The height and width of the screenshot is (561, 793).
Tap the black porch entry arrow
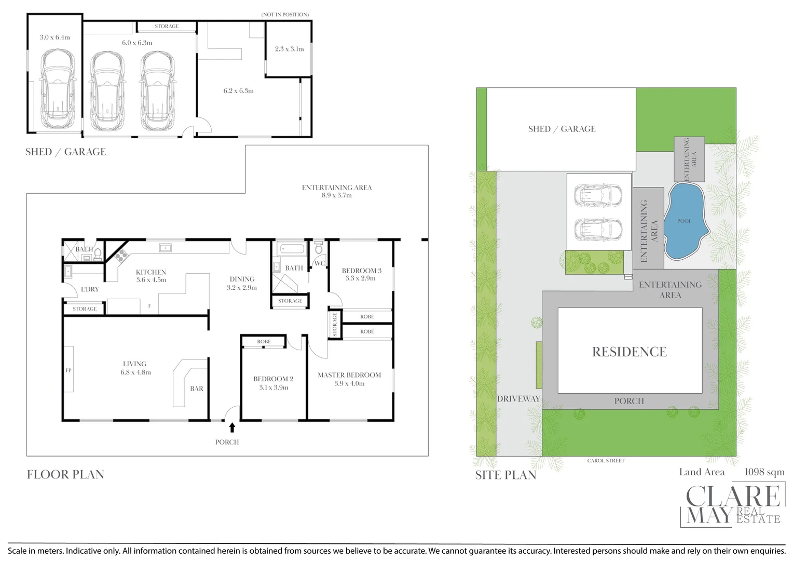232,428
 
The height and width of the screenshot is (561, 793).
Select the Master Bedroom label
349,375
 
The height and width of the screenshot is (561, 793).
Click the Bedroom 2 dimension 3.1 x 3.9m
274,388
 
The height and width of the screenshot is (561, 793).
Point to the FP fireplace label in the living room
69,370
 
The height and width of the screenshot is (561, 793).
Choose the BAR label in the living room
197,389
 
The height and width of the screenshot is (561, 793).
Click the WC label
319,263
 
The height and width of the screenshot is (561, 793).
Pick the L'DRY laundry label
90,289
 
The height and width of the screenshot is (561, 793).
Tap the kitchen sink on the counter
166,247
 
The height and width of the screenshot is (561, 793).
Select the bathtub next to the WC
292,249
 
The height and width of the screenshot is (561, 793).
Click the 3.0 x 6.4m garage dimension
55,37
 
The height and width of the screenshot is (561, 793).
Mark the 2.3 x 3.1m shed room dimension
289,49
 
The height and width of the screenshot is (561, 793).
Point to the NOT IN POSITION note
285,15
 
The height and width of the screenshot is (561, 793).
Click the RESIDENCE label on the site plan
630,352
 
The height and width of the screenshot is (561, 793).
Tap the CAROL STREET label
606,461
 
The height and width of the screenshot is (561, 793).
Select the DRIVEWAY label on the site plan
518,399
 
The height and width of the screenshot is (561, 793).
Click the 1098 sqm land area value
764,472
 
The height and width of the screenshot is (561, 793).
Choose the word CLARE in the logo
733,496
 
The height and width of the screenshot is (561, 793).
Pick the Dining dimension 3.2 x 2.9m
242,288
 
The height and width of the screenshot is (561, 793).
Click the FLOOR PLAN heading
65,475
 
